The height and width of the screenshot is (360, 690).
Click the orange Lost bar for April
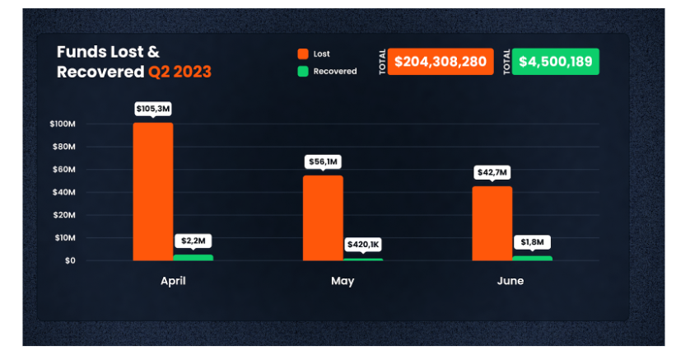click(153, 191)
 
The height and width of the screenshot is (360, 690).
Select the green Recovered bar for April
click(193, 257)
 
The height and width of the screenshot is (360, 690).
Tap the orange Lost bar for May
click(323, 217)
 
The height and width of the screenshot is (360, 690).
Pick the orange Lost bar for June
click(492, 223)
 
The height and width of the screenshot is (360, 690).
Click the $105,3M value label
click(153, 109)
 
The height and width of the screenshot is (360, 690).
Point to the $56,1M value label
click(323, 162)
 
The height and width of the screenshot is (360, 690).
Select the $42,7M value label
click(492, 173)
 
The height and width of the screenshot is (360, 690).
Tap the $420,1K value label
click(363, 245)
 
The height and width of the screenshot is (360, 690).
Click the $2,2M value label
click(193, 241)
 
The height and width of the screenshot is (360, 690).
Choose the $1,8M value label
click(532, 242)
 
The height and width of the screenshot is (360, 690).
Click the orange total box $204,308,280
click(441, 62)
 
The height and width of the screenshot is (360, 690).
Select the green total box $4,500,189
click(556, 62)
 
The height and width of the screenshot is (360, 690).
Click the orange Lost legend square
click(302, 54)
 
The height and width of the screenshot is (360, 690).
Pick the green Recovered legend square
click(302, 72)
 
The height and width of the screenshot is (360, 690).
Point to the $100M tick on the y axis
click(63, 124)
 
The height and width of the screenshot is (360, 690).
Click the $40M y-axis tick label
click(64, 192)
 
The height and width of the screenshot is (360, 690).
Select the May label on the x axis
click(343, 281)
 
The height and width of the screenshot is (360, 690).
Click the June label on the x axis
click(511, 281)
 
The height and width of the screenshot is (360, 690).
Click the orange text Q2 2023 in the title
click(179, 72)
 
